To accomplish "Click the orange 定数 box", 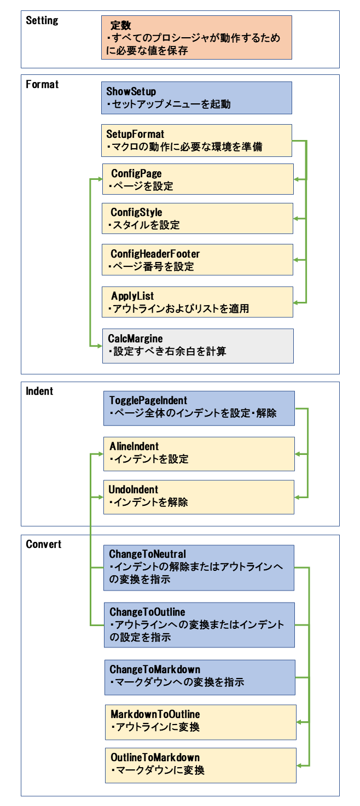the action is pos(196,37).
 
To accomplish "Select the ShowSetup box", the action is pos(196,98).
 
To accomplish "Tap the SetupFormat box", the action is pos(196,141).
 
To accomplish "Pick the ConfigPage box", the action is pos(198,179).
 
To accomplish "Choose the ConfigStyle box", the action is pos(198,218).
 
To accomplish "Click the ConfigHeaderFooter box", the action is pos(198,260).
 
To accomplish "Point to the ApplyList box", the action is pos(198,302).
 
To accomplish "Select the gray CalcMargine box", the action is pos(198,346).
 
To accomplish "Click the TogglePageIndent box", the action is pos(199,408).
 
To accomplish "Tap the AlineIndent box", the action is pos(199,454).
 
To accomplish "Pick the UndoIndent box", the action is pos(199,497).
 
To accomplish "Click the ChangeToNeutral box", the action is pos(199,568).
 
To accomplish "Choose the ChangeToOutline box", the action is pos(200,625).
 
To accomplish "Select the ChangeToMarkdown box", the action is pos(200,677).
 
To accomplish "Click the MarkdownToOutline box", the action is pos(201,722).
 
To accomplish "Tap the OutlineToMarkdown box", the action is pos(201,766).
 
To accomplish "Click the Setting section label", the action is pos(42,21).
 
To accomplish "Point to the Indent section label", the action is pos(39,391).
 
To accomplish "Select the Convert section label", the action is pos(43,544).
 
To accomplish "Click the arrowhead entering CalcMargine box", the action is pos(100,346).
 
